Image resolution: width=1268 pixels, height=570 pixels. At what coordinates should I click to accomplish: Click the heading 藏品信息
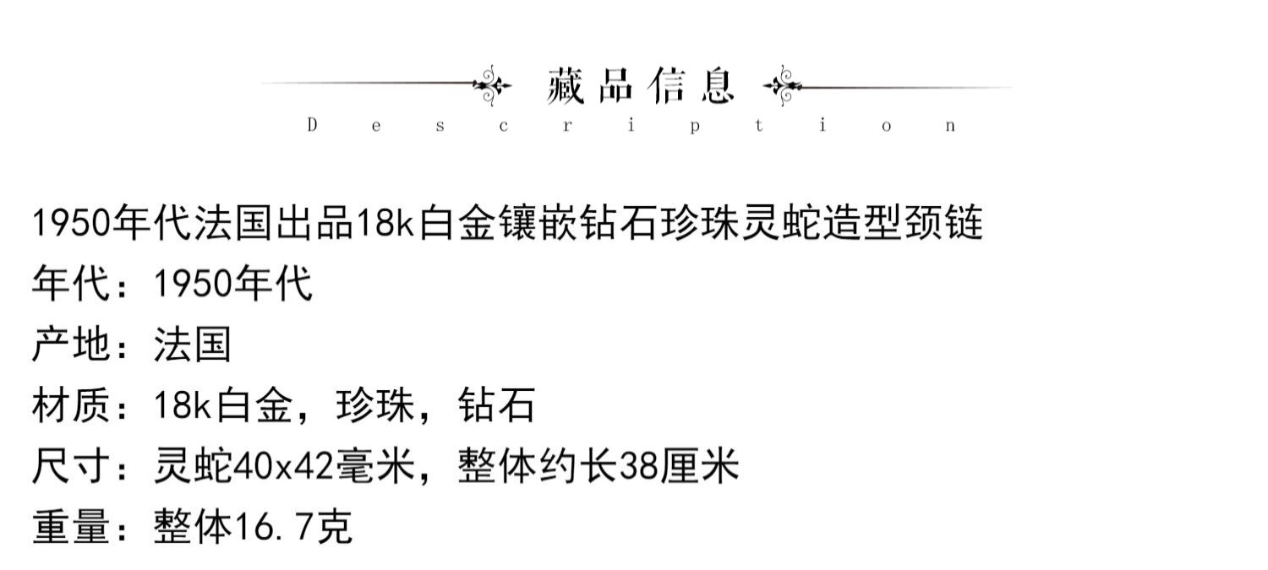tap(641, 85)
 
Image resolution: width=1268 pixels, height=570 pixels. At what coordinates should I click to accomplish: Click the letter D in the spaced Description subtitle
tap(312, 126)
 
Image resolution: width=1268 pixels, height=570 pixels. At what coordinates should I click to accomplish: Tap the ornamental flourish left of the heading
tap(493, 84)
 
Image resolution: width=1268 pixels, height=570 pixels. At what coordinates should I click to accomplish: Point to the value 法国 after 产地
tap(192, 345)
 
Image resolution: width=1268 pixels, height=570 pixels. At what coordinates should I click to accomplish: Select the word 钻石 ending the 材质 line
tap(496, 405)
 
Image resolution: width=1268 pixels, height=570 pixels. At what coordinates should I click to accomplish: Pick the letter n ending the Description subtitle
tap(951, 126)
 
